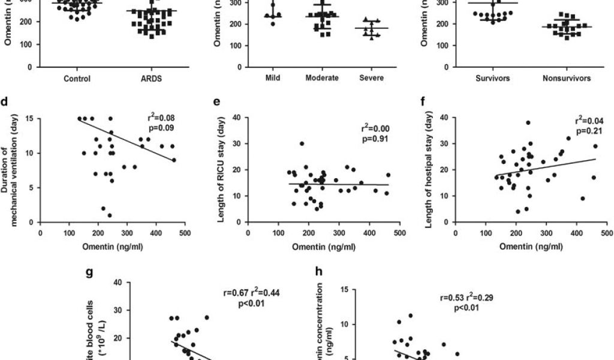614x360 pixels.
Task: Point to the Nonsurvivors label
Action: click(567, 79)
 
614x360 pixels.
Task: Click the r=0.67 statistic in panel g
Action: click(233, 293)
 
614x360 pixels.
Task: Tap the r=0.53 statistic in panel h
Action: click(451, 297)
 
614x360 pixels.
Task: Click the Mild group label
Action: click(276, 79)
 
